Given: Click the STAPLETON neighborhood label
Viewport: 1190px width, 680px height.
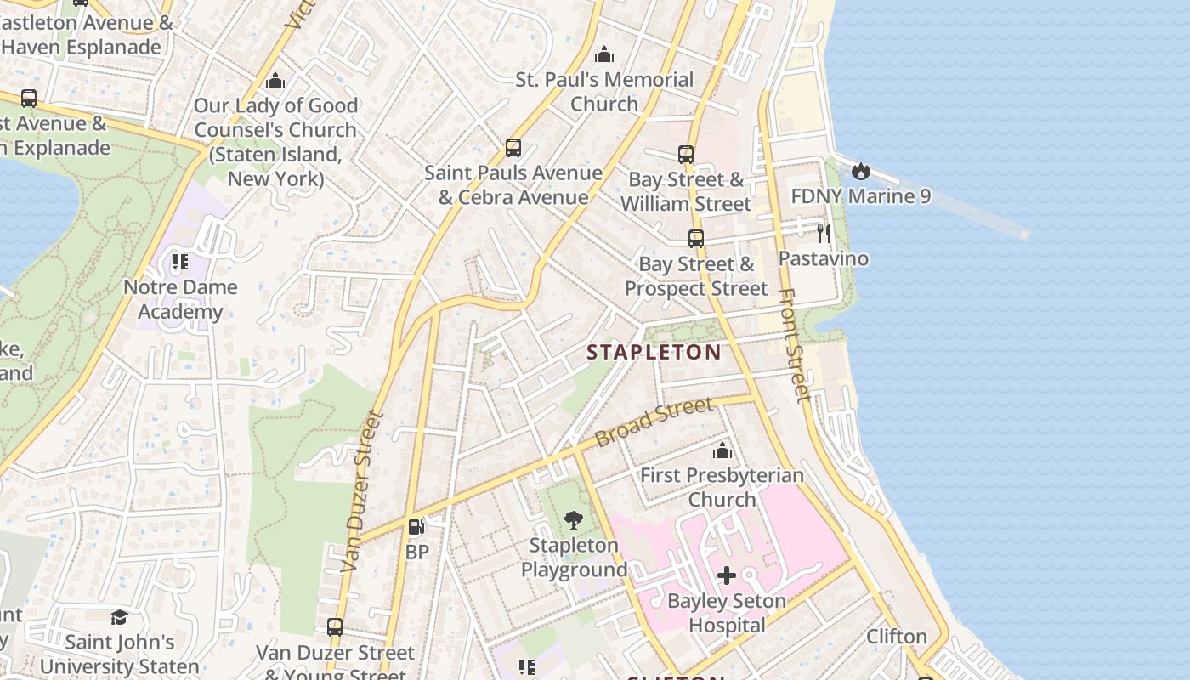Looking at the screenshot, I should (x=654, y=352).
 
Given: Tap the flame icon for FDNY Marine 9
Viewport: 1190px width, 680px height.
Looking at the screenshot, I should (x=861, y=171).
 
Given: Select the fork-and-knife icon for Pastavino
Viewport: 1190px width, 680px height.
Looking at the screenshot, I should (x=823, y=233).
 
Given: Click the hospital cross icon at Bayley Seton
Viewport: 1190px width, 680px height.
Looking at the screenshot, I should (x=727, y=576).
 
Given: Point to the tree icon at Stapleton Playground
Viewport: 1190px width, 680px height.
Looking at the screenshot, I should (x=574, y=520).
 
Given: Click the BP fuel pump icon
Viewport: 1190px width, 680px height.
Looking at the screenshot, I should (x=416, y=528).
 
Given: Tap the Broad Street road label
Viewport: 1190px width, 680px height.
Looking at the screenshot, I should (x=654, y=423).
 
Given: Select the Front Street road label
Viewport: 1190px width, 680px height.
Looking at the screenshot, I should (x=794, y=344).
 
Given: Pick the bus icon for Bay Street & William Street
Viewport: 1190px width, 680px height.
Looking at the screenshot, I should (x=686, y=155).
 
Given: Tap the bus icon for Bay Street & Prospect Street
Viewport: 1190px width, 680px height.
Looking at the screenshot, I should (x=696, y=239).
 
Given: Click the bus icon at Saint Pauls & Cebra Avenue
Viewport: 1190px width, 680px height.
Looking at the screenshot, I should (x=513, y=148).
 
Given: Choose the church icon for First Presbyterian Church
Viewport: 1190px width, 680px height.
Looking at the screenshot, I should (x=722, y=450).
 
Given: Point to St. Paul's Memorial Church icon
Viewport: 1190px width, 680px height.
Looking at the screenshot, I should (x=604, y=55).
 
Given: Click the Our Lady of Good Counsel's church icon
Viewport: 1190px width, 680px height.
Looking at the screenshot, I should (x=275, y=82).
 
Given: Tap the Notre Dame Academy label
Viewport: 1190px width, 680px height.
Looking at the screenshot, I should (x=180, y=299).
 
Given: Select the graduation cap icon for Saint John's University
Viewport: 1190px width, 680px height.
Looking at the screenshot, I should (x=119, y=617).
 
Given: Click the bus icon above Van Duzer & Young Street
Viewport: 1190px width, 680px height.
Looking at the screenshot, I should (x=335, y=627).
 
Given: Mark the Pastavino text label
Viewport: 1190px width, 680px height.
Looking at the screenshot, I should (x=824, y=258).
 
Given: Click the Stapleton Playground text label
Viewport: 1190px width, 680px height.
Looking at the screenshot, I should (x=574, y=558).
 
